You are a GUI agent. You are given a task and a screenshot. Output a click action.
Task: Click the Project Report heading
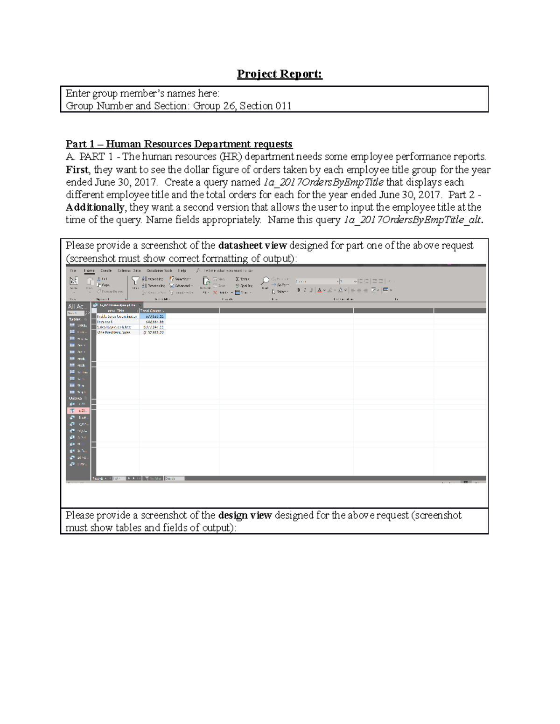[x=280, y=74]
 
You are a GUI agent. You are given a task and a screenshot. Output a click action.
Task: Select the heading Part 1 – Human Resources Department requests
[x=179, y=144]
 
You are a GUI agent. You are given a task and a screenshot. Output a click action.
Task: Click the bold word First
[x=77, y=170]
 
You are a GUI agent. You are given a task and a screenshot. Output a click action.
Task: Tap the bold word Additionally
[x=95, y=207]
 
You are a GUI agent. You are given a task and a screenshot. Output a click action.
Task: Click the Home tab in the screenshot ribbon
[x=89, y=270]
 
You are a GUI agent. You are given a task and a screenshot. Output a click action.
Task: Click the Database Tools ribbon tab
[x=159, y=270]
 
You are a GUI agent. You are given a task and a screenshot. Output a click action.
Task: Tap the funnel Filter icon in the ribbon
[x=135, y=281]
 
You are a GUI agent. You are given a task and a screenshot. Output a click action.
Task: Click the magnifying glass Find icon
[x=265, y=281]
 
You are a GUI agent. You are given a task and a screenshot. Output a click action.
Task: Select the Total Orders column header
[x=152, y=310]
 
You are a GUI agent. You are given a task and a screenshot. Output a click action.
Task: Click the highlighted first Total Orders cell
[x=154, y=317]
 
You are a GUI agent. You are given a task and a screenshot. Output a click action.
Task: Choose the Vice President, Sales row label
[x=114, y=333]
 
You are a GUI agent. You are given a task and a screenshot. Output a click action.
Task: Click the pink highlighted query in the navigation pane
[x=78, y=411]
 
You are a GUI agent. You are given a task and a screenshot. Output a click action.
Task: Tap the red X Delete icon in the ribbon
[x=215, y=293]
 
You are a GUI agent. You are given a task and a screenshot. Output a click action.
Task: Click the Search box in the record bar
[x=174, y=478]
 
